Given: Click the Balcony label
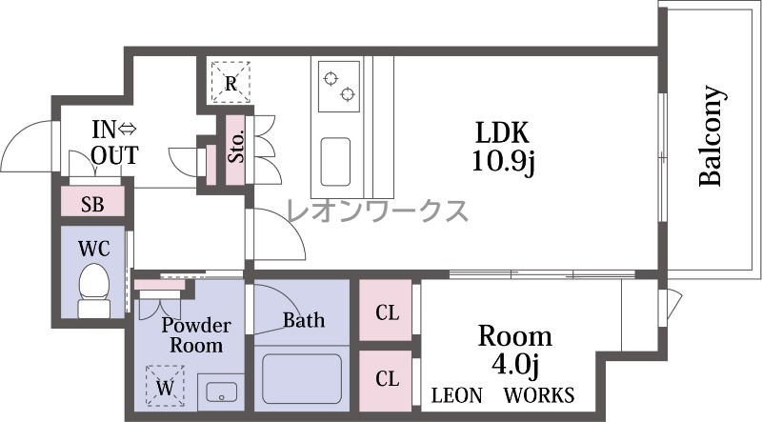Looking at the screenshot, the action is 712,136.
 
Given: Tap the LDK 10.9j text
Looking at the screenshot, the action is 503,146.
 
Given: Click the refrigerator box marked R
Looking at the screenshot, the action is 231,83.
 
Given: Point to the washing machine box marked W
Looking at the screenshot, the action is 165,386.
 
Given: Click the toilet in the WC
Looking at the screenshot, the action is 94,291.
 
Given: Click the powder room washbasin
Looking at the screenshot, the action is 222,392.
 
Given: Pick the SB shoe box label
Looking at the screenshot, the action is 92,205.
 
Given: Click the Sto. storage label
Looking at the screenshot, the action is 236,147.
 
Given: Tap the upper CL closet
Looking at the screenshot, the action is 387,312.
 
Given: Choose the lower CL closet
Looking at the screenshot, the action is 387,378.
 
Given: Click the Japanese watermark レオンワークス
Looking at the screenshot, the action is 377,211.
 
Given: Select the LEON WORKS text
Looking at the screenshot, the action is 503,395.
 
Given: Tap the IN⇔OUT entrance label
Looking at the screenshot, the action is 114,143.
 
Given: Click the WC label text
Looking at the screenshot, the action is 94,249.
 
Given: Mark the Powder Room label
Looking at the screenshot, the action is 196,335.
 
